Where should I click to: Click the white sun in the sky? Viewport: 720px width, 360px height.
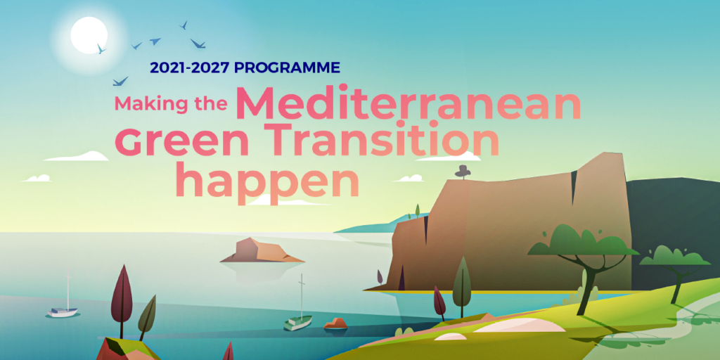(x=89, y=35)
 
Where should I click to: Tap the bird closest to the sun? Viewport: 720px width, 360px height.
(x=101, y=49)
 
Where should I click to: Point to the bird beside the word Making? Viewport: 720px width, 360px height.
(x=120, y=82)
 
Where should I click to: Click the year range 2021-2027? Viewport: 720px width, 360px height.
(x=190, y=68)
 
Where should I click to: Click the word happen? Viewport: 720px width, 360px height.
(x=268, y=179)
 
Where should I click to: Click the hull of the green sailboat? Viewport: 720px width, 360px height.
(x=297, y=323)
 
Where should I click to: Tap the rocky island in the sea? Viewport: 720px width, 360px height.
(x=262, y=251)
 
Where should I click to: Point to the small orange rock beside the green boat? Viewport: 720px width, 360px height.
(x=335, y=323)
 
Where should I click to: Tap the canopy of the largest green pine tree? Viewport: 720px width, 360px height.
(x=582, y=241)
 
